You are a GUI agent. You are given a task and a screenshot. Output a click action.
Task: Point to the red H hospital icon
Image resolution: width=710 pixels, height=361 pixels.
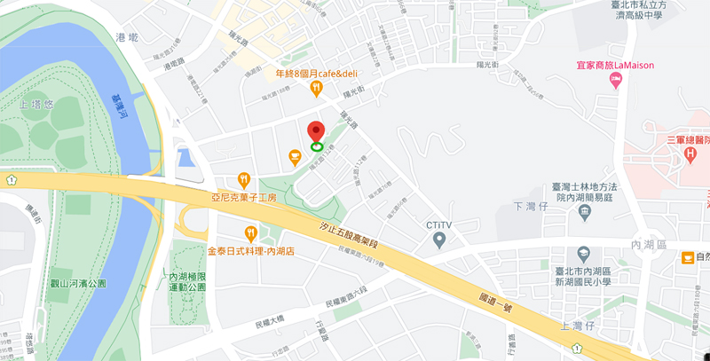[690, 156]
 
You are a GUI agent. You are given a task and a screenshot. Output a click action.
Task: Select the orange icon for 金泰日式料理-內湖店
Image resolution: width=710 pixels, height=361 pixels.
[251, 234]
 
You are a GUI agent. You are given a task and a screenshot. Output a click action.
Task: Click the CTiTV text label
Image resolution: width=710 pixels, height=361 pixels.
[438, 224]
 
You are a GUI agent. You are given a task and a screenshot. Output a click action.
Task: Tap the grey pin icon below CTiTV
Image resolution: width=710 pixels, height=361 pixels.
[438, 239]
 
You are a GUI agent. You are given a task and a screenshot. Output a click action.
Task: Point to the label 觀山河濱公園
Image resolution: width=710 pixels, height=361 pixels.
[79, 283]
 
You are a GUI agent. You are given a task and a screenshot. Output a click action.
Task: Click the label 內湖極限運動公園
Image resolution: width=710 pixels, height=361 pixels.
[187, 282]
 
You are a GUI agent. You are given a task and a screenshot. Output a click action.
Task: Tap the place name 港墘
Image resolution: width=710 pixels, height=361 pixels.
[127, 37]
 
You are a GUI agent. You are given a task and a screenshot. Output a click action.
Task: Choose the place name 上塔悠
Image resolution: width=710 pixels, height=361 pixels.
[35, 104]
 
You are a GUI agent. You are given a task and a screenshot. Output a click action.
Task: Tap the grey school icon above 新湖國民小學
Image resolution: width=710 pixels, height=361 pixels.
[583, 254]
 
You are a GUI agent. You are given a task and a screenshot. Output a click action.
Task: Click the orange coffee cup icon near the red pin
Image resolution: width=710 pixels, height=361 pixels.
[295, 157]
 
